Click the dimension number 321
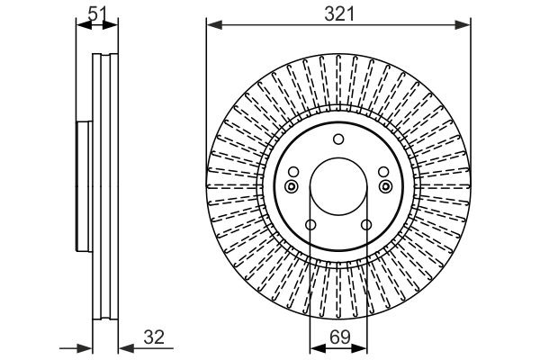pyautogui.click(x=339, y=13)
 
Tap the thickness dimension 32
pyautogui.click(x=154, y=338)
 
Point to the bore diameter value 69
pyautogui.click(x=338, y=338)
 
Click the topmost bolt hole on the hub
pyautogui.click(x=338, y=139)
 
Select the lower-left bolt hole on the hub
pyautogui.click(x=310, y=225)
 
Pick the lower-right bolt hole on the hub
pyautogui.click(x=366, y=225)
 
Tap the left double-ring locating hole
pyautogui.click(x=291, y=186)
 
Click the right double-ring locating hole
pyautogui.click(x=386, y=186)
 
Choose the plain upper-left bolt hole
pyautogui.click(x=293, y=173)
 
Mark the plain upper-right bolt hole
pyautogui.click(x=383, y=173)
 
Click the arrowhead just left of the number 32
pyautogui.click(x=122, y=346)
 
